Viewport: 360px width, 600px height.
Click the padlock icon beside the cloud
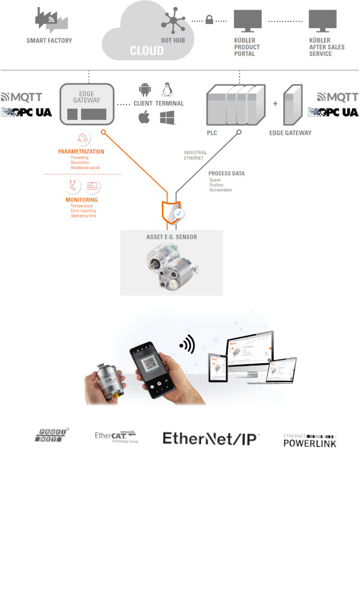(x=209, y=20)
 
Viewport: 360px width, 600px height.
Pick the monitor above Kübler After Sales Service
(x=323, y=22)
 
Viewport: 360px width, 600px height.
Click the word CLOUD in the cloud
(x=147, y=51)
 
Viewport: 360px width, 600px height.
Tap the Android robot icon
(x=145, y=90)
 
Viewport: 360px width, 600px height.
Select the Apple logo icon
(x=144, y=117)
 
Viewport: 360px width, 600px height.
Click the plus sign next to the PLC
(x=275, y=104)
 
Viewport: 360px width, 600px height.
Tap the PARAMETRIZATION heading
(x=81, y=152)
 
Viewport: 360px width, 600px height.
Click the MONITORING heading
(x=82, y=200)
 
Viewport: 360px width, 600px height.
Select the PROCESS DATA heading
(x=226, y=173)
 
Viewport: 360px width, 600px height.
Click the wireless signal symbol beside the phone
(x=187, y=346)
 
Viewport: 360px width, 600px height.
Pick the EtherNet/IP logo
(x=210, y=439)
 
